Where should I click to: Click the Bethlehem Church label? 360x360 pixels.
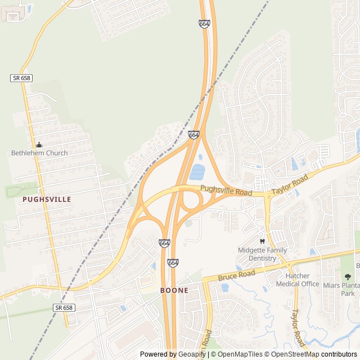[39, 153]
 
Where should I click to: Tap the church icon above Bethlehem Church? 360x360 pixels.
[39, 145]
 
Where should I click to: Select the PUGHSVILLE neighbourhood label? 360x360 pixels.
[47, 199]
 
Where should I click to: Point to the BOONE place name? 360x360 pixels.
[174, 290]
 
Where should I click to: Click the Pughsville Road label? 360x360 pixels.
[226, 192]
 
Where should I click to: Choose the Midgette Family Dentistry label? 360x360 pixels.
[262, 254]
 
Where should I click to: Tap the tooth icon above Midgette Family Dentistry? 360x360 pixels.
[262, 241]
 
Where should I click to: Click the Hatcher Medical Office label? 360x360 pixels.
[298, 280]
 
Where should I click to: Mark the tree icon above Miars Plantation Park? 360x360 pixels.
[348, 277]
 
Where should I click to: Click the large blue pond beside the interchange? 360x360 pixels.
[197, 172]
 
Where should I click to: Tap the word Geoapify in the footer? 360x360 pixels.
[192, 354]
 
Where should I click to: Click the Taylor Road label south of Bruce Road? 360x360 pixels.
[297, 328]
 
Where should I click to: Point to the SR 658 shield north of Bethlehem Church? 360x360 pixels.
[21, 78]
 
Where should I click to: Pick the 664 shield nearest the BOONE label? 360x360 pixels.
[173, 263]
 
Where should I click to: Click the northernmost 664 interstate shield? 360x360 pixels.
[204, 24]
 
